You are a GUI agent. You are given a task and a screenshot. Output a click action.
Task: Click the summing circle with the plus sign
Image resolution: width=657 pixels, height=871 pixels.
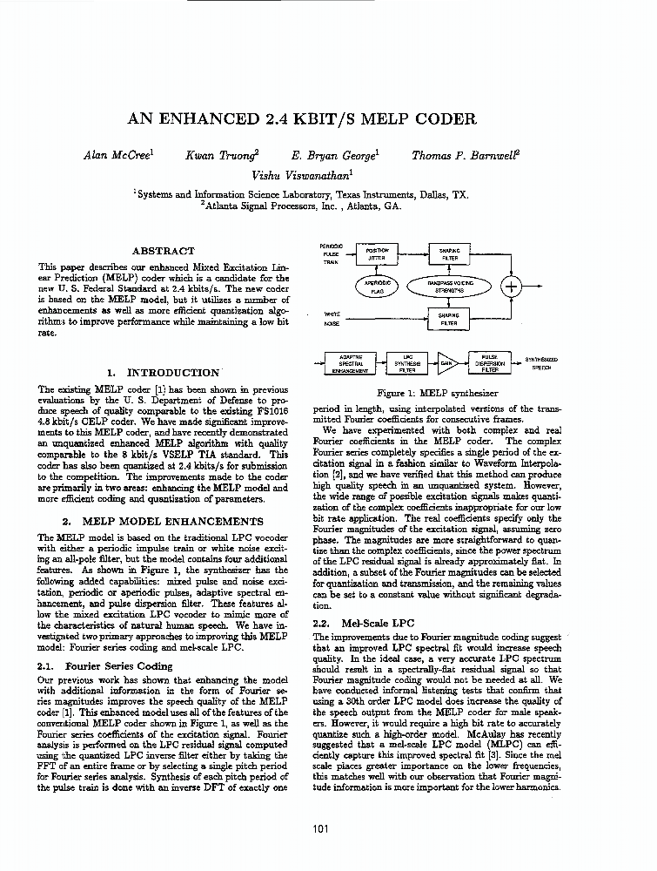click(513, 287)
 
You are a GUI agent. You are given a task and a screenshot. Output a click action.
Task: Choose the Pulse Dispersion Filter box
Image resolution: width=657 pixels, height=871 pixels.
click(489, 363)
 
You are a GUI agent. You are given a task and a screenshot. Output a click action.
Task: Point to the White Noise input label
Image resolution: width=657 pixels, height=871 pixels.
click(332, 318)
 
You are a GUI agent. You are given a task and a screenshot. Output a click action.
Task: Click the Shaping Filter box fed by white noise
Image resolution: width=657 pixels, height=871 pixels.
click(449, 319)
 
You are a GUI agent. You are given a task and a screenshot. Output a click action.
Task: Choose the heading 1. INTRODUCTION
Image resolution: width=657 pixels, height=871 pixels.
click(165, 372)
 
